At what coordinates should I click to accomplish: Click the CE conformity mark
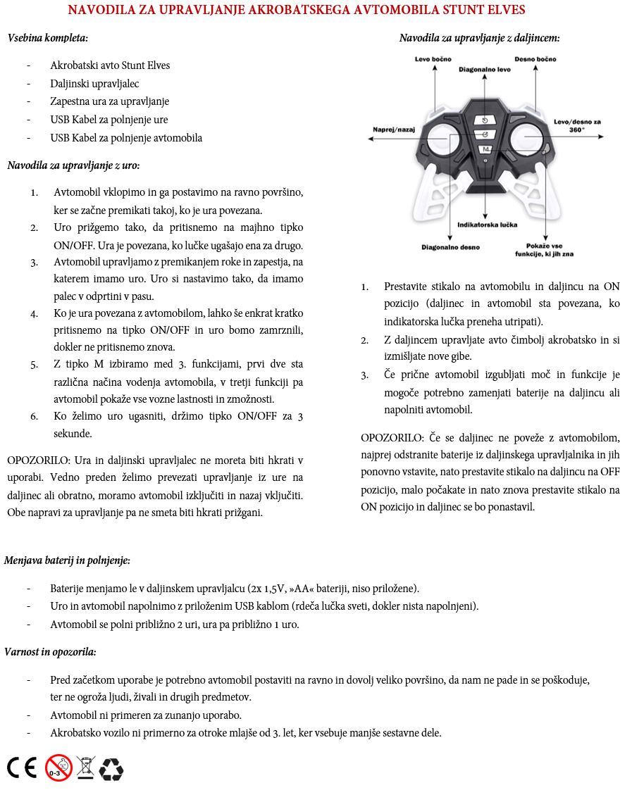(21, 767)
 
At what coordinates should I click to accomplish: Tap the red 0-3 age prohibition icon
(58, 767)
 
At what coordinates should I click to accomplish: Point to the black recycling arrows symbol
(111, 768)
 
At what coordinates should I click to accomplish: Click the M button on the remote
(485, 149)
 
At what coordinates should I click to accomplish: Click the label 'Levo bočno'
(433, 59)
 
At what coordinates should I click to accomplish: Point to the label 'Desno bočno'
(535, 59)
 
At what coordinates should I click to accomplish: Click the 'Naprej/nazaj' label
(394, 130)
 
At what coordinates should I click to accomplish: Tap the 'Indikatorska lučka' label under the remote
(487, 225)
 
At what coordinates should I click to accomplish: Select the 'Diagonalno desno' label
(450, 247)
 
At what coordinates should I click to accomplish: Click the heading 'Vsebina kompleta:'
(48, 38)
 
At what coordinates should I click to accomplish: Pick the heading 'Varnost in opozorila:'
(50, 652)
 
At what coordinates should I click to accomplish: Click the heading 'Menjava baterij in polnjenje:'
(67, 560)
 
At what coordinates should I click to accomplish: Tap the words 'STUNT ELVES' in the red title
(489, 11)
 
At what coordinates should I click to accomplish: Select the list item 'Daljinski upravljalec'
(94, 84)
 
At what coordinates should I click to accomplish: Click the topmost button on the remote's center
(485, 120)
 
